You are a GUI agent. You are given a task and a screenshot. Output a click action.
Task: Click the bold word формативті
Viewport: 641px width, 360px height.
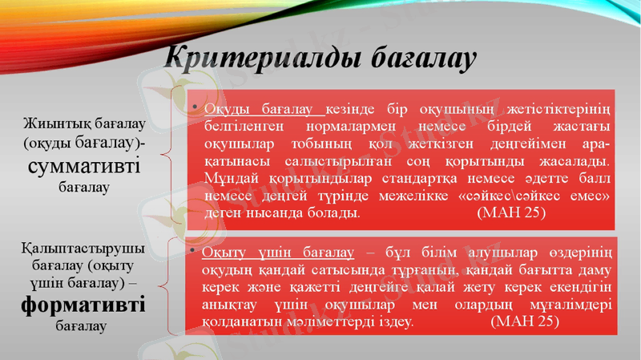pos(83,305)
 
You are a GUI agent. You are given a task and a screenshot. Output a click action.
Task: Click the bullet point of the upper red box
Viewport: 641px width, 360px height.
pos(194,107)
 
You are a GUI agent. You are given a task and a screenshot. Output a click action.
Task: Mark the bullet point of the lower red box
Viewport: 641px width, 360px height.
pos(194,252)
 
